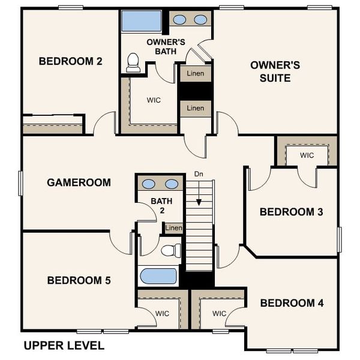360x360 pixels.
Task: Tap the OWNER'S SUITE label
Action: click(270, 71)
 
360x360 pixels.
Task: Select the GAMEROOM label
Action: click(79, 182)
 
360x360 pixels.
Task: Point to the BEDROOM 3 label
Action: click(292, 212)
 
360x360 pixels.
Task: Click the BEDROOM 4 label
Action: click(292, 303)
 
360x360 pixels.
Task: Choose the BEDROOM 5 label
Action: click(79, 280)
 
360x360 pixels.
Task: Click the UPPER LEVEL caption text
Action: click(64, 346)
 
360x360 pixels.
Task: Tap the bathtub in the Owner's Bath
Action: click(142, 22)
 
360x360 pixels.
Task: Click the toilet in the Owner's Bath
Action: click(133, 62)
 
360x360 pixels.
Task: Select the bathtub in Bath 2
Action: click(158, 276)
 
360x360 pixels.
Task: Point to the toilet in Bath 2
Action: click(172, 250)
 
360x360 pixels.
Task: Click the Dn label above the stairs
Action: click(199, 174)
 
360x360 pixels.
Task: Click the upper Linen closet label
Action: click(195, 74)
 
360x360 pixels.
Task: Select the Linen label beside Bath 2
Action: click(173, 228)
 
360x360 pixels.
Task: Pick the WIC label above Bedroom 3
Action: click(307, 155)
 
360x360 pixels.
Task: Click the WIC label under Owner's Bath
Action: click(153, 100)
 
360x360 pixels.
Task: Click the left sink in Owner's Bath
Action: click(179, 20)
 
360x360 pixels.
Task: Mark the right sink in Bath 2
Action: click(172, 184)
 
